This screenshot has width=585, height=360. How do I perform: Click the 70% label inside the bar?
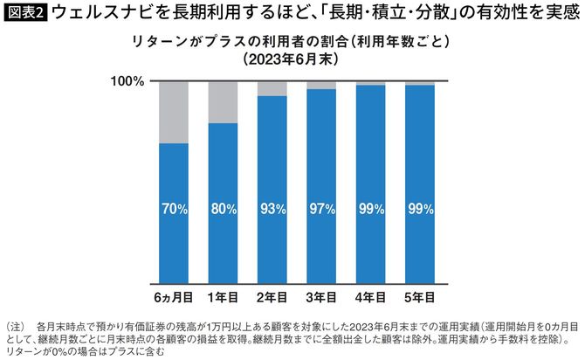pos(174,209)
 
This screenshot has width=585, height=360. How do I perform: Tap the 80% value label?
pos(224,209)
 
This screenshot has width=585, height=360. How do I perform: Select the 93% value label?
pos(272,209)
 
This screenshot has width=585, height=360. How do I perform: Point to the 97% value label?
pos(321,209)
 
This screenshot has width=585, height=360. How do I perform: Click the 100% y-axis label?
pos(126,81)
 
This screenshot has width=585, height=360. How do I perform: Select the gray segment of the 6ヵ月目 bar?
pos(174,112)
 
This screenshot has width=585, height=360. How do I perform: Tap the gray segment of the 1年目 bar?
pos(224,101)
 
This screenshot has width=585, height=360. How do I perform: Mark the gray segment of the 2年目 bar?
pos(272,88)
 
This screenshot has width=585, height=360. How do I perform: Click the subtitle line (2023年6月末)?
pos(292,60)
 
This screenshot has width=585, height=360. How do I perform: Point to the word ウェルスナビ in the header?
pos(97,13)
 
